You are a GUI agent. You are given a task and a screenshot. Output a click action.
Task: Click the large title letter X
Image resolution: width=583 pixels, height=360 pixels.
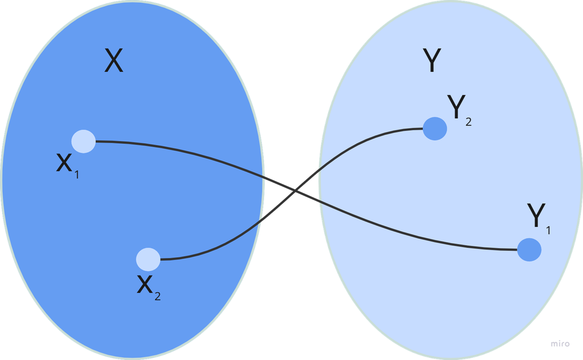tap(114, 61)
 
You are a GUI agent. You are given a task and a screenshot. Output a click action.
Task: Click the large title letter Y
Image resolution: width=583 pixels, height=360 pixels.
tap(431, 61)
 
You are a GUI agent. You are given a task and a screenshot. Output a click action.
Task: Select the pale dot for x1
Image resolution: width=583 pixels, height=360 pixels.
tap(84, 141)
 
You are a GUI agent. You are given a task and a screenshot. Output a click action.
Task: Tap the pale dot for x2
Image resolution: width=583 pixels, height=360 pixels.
tap(148, 259)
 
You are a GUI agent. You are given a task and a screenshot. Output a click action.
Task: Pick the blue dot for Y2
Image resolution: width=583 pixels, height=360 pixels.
tap(434, 128)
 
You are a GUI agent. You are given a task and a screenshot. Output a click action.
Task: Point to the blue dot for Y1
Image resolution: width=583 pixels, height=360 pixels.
tap(529, 250)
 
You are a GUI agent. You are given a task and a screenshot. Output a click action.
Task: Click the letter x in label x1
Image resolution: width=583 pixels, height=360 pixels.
tap(64, 163)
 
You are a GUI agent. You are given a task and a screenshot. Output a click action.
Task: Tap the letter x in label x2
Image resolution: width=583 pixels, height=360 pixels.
tap(145, 285)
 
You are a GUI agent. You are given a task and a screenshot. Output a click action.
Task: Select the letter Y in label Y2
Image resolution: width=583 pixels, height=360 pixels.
tap(456, 107)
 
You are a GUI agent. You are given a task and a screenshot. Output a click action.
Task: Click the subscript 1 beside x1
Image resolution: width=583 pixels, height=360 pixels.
tap(77, 175)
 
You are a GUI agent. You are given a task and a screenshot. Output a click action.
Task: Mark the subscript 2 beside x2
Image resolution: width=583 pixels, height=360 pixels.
tap(158, 296)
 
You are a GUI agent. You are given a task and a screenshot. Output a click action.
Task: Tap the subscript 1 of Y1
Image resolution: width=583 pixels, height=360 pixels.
tap(548, 230)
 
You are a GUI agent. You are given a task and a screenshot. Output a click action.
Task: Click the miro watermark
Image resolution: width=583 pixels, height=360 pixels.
tap(560, 343)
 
